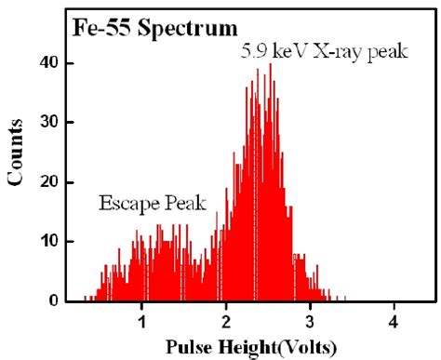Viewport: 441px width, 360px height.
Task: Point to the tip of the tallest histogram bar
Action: pos(271,64)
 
